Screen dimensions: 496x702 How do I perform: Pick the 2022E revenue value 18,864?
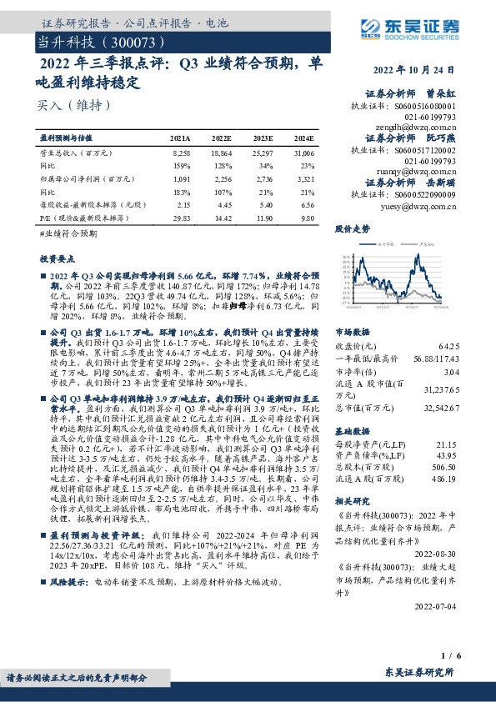(x=221, y=154)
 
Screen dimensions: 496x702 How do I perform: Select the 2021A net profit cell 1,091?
(x=181, y=178)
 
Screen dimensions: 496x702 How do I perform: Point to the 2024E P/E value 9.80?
(x=306, y=217)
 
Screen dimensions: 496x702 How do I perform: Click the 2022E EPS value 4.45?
(x=223, y=204)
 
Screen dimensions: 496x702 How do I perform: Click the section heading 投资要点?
(x=58, y=259)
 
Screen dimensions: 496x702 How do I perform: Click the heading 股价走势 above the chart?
(x=352, y=228)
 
